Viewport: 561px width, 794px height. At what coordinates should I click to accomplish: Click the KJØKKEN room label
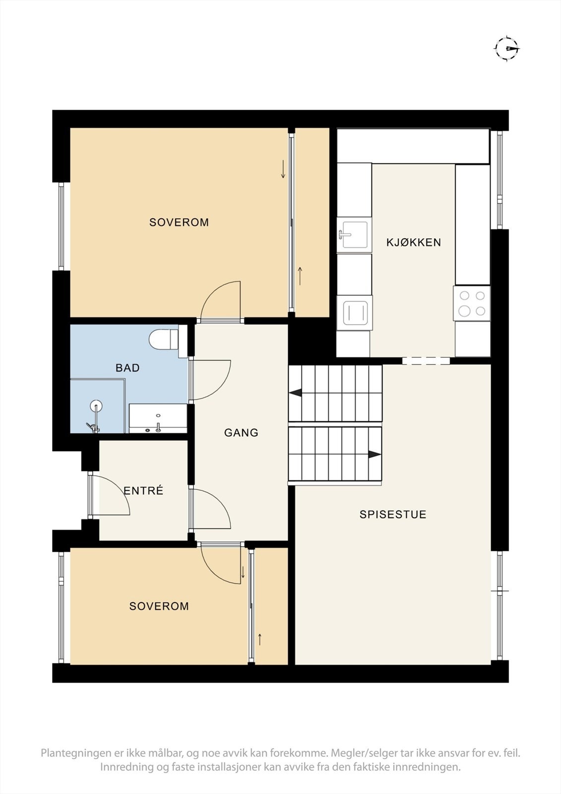pyautogui.click(x=414, y=243)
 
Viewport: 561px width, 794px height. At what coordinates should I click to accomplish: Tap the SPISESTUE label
pyautogui.click(x=393, y=515)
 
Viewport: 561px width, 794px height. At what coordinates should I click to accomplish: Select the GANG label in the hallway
pyautogui.click(x=241, y=433)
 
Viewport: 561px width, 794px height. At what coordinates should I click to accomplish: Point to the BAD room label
pyautogui.click(x=127, y=368)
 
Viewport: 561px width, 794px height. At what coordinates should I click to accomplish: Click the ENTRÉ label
pyautogui.click(x=143, y=491)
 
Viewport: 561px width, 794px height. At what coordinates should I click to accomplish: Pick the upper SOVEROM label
pyautogui.click(x=179, y=222)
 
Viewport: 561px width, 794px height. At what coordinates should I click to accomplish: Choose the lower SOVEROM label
pyautogui.click(x=159, y=606)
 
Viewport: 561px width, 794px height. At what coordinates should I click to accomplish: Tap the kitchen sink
pyautogui.click(x=353, y=234)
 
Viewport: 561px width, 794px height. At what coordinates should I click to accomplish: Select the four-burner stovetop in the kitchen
pyautogui.click(x=472, y=303)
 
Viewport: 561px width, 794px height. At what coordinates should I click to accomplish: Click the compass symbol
pyautogui.click(x=506, y=49)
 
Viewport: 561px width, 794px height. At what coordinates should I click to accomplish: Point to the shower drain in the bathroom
pyautogui.click(x=96, y=406)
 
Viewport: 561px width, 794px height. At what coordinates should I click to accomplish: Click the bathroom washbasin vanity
pyautogui.click(x=158, y=418)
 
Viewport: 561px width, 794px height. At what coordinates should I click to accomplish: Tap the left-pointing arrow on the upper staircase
pyautogui.click(x=296, y=393)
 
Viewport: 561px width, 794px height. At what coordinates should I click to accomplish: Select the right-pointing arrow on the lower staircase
pyautogui.click(x=374, y=455)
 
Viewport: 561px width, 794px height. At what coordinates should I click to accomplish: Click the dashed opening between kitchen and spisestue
pyautogui.click(x=426, y=361)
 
